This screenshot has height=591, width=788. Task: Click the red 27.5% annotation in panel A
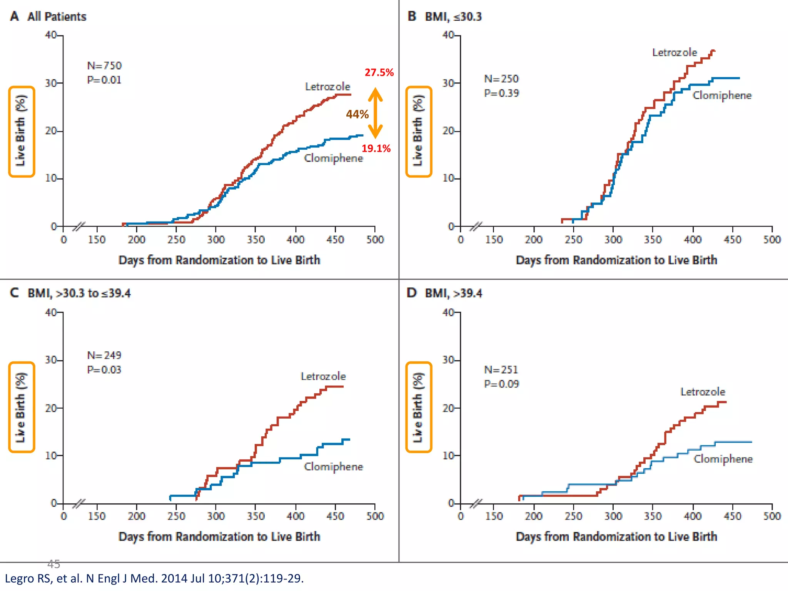379,72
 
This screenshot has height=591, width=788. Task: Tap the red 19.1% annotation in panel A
376,149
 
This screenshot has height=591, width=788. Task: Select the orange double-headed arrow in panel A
375,113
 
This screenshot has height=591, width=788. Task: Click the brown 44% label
357,114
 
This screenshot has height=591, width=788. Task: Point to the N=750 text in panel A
104,66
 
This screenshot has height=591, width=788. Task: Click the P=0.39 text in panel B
501,93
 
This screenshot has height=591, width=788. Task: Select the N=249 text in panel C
104,355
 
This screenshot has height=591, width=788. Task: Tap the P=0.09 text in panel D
501,384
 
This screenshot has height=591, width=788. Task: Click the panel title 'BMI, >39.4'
453,293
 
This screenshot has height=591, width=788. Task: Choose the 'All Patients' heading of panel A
57,17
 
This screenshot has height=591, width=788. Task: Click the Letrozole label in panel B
674,52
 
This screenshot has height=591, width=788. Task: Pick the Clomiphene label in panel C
333,467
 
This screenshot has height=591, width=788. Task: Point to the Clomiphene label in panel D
723,459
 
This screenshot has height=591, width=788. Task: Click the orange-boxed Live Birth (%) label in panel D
419,407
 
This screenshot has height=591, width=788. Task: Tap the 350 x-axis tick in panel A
256,240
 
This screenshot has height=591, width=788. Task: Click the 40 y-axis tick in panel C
51,312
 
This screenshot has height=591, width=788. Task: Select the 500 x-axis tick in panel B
772,240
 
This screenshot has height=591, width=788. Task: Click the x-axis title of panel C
219,536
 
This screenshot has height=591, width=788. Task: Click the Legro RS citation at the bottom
154,578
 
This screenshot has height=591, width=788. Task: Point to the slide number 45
53,564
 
